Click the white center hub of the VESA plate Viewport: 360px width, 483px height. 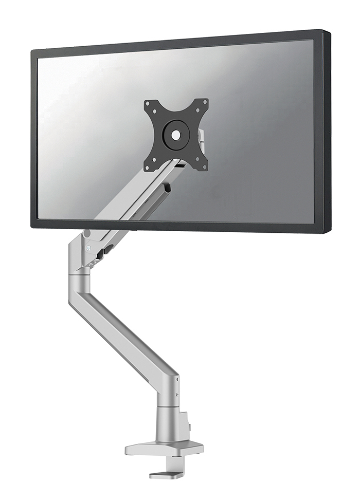click(x=176, y=134)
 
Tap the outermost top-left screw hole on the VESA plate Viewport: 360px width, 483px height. click(x=148, y=103)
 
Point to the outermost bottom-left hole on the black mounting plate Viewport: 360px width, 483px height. click(x=148, y=166)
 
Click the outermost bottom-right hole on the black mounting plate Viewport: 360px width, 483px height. click(x=205, y=166)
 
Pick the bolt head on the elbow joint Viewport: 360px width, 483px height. click(x=90, y=247)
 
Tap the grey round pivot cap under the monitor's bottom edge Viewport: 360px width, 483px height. click(x=86, y=233)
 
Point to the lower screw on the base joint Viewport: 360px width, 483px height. click(x=178, y=395)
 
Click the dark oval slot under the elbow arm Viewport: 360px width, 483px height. click(x=108, y=251)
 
